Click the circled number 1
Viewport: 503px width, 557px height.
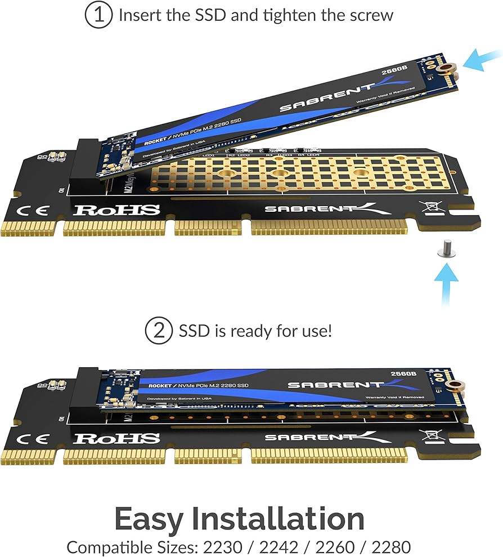98,15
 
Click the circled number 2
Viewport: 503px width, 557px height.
159,331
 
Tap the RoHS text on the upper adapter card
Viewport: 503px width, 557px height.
117,210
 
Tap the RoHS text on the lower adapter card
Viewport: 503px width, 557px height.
117,438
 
